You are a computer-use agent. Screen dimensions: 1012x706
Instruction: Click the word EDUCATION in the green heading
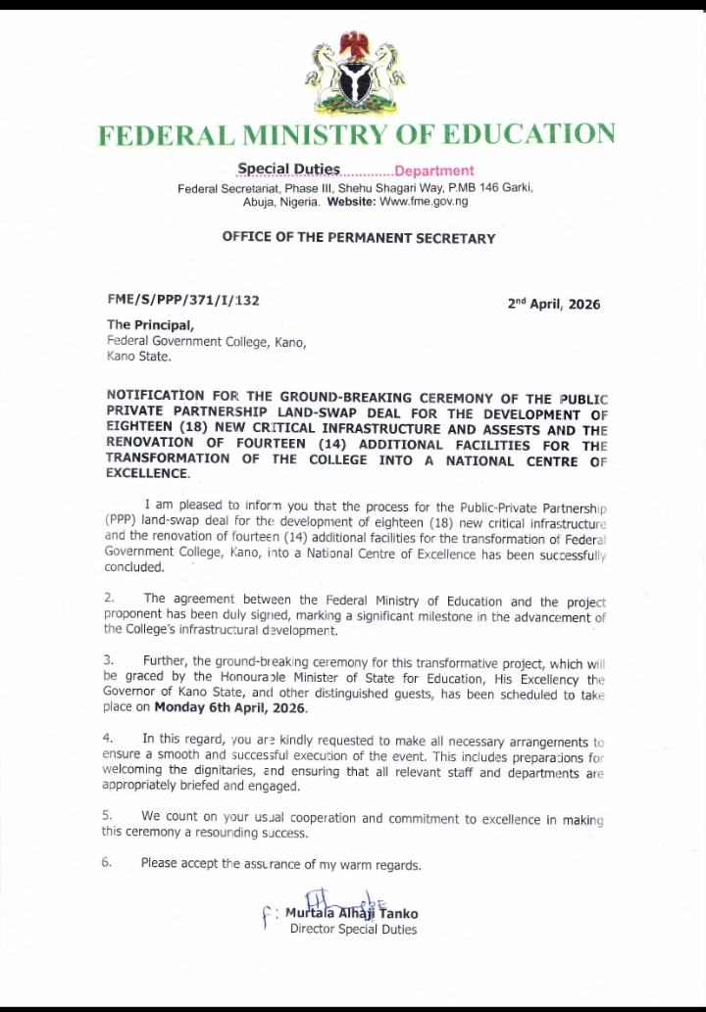tap(521, 134)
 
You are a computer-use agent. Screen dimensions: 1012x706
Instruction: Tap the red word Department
tap(433, 170)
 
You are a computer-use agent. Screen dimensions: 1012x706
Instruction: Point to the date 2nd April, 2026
tap(553, 304)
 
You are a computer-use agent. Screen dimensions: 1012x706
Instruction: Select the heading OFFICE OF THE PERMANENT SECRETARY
tap(358, 237)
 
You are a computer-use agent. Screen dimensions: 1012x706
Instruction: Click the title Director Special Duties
tap(353, 930)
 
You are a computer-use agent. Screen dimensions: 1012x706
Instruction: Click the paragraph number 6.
tap(109, 863)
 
